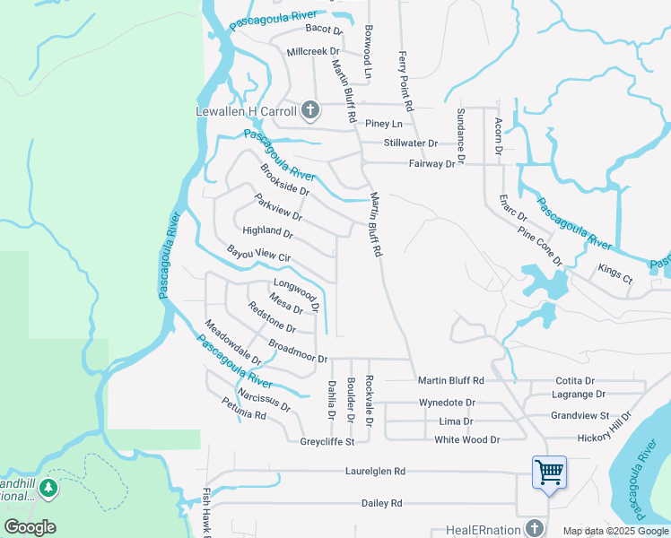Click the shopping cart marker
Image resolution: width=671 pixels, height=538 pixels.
548,471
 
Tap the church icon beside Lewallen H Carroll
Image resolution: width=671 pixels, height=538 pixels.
310,111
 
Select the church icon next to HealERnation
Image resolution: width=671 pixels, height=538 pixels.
536,528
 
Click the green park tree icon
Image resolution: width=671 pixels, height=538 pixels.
48,489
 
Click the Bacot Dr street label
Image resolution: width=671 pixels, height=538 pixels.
318,29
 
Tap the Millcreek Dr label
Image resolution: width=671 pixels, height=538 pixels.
313,52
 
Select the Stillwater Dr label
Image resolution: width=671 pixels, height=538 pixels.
410,143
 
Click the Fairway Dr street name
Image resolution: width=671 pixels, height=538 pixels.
431,164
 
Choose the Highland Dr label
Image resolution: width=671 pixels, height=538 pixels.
267,231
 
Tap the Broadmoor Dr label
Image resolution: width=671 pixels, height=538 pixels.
298,351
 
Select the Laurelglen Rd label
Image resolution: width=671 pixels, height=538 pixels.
375,471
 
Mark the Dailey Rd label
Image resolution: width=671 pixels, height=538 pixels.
382,503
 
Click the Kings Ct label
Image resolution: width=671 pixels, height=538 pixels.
615,274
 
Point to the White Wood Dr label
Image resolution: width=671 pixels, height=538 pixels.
466,439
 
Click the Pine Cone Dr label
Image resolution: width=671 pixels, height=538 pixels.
540,247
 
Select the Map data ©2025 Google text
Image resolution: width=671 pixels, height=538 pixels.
615,531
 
